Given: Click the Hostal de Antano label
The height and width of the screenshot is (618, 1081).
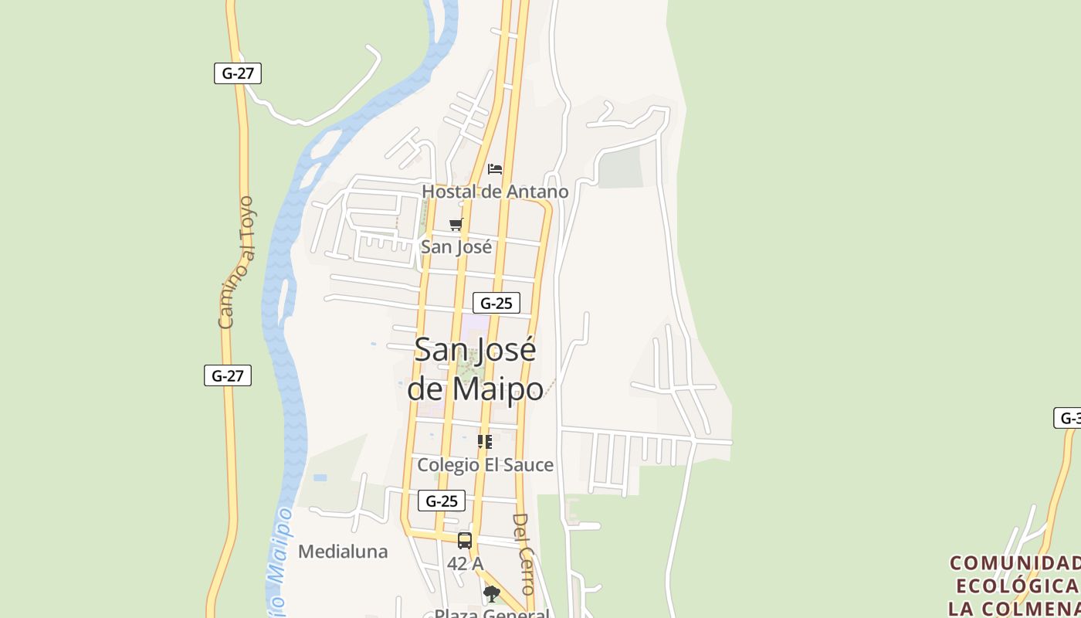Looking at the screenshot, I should click(x=495, y=192).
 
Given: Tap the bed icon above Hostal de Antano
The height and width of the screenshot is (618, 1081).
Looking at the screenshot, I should click(x=495, y=168).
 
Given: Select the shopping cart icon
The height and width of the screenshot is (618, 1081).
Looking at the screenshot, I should click(x=456, y=225).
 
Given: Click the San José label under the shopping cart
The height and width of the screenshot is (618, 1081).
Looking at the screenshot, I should click(x=456, y=247).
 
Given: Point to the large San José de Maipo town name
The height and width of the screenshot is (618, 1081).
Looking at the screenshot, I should click(x=475, y=369).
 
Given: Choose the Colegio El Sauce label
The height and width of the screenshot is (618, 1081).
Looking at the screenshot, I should click(x=485, y=465).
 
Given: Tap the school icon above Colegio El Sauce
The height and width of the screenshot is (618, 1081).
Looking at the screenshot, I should click(x=485, y=442).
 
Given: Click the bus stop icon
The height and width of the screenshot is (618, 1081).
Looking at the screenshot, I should click(x=465, y=541).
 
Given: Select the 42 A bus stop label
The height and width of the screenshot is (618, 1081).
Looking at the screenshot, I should click(x=465, y=564).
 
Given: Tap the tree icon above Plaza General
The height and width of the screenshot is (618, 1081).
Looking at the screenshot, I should click(x=491, y=593).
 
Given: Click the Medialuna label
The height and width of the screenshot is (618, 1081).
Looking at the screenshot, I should click(x=343, y=552).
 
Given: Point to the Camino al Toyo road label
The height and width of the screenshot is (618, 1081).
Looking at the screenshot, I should click(x=236, y=263).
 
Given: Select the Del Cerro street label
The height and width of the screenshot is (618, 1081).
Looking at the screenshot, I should click(x=524, y=553).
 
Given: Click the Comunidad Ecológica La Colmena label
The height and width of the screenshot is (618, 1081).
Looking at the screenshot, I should click(x=1015, y=585).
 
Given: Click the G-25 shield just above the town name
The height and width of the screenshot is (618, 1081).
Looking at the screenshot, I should click(x=496, y=303).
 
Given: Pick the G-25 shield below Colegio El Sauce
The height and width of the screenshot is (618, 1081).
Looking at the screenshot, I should click(x=442, y=501).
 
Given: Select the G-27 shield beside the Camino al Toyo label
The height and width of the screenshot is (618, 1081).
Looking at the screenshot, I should click(x=228, y=375).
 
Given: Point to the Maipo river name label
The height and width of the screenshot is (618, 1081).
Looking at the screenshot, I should click(x=279, y=564).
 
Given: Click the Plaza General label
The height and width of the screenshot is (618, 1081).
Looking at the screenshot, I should click(x=492, y=613).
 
